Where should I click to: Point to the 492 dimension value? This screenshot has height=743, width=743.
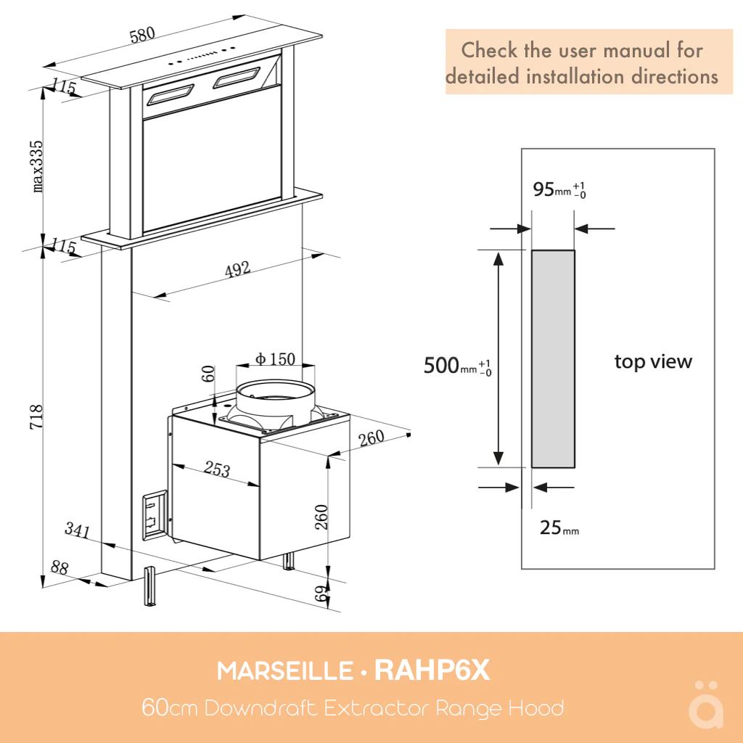[237, 270]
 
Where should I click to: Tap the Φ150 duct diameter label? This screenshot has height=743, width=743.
[275, 358]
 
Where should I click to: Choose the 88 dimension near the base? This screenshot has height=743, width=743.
[59, 567]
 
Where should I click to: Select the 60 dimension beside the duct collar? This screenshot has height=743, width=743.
[208, 374]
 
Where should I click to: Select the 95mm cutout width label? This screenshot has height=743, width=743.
[559, 189]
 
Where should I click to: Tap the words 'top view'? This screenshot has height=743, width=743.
[653, 361]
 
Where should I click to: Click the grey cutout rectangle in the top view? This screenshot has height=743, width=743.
[553, 359]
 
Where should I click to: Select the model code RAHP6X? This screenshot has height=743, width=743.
[432, 671]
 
